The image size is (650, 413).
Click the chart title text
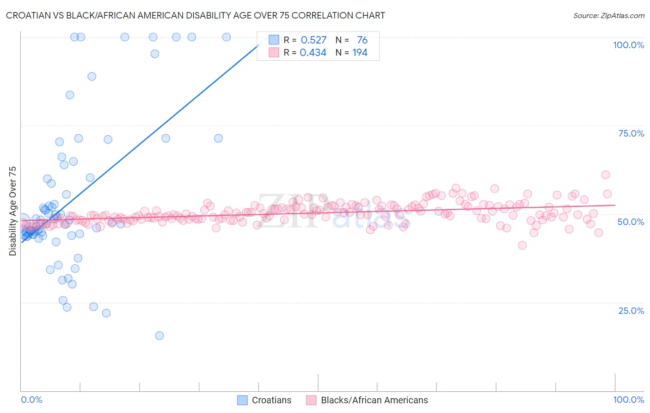tap(195, 16)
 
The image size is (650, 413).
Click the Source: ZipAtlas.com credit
tap(608, 16)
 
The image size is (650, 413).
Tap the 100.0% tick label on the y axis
tap(628, 45)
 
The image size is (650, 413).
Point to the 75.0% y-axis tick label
tap(631, 133)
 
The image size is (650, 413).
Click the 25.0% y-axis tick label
tap(631, 311)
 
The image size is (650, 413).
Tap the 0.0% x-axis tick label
tap(31, 400)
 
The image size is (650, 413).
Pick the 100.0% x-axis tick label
tap(628, 400)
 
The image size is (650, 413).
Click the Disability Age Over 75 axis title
tap(13, 211)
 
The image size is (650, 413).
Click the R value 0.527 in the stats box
tap(313, 40)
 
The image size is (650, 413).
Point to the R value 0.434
tap(313, 53)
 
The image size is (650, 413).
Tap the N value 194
tap(360, 53)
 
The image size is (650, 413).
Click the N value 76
tap(362, 40)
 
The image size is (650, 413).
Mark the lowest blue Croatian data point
tap(159, 336)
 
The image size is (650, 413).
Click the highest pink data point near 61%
tap(606, 175)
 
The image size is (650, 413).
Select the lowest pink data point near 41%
tap(522, 245)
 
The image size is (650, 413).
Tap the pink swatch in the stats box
tap(274, 52)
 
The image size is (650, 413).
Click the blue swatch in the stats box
tap(274, 40)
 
